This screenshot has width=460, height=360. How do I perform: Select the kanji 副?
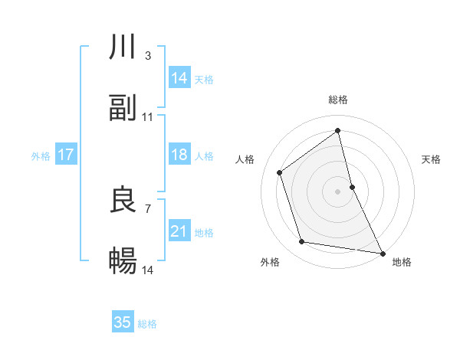[x=123, y=108]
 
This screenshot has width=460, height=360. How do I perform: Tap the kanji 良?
[x=123, y=200]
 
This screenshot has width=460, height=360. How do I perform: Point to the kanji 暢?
[x=123, y=261]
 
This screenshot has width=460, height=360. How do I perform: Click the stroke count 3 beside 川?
[x=147, y=56]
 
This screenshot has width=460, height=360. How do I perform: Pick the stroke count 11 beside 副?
[x=148, y=116]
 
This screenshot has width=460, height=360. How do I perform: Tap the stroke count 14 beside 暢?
[x=148, y=270]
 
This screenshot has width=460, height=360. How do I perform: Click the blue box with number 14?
[x=179, y=78]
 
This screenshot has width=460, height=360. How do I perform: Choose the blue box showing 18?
[x=179, y=155]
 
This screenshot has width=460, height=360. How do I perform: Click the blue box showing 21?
[x=179, y=231]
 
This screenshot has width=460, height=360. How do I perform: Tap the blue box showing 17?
[x=65, y=155]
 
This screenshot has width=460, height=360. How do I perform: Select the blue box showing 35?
[x=122, y=322]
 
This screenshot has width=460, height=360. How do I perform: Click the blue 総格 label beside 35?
[x=147, y=324]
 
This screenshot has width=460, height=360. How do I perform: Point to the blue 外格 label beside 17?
[x=41, y=156]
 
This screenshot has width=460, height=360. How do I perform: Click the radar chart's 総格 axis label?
[x=338, y=100]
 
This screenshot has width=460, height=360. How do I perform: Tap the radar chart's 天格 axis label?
[x=432, y=159]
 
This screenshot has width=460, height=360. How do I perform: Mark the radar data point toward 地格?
[x=382, y=252]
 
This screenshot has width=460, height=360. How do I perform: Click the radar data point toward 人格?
[x=280, y=172]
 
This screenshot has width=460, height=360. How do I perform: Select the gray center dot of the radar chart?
[x=338, y=191]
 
